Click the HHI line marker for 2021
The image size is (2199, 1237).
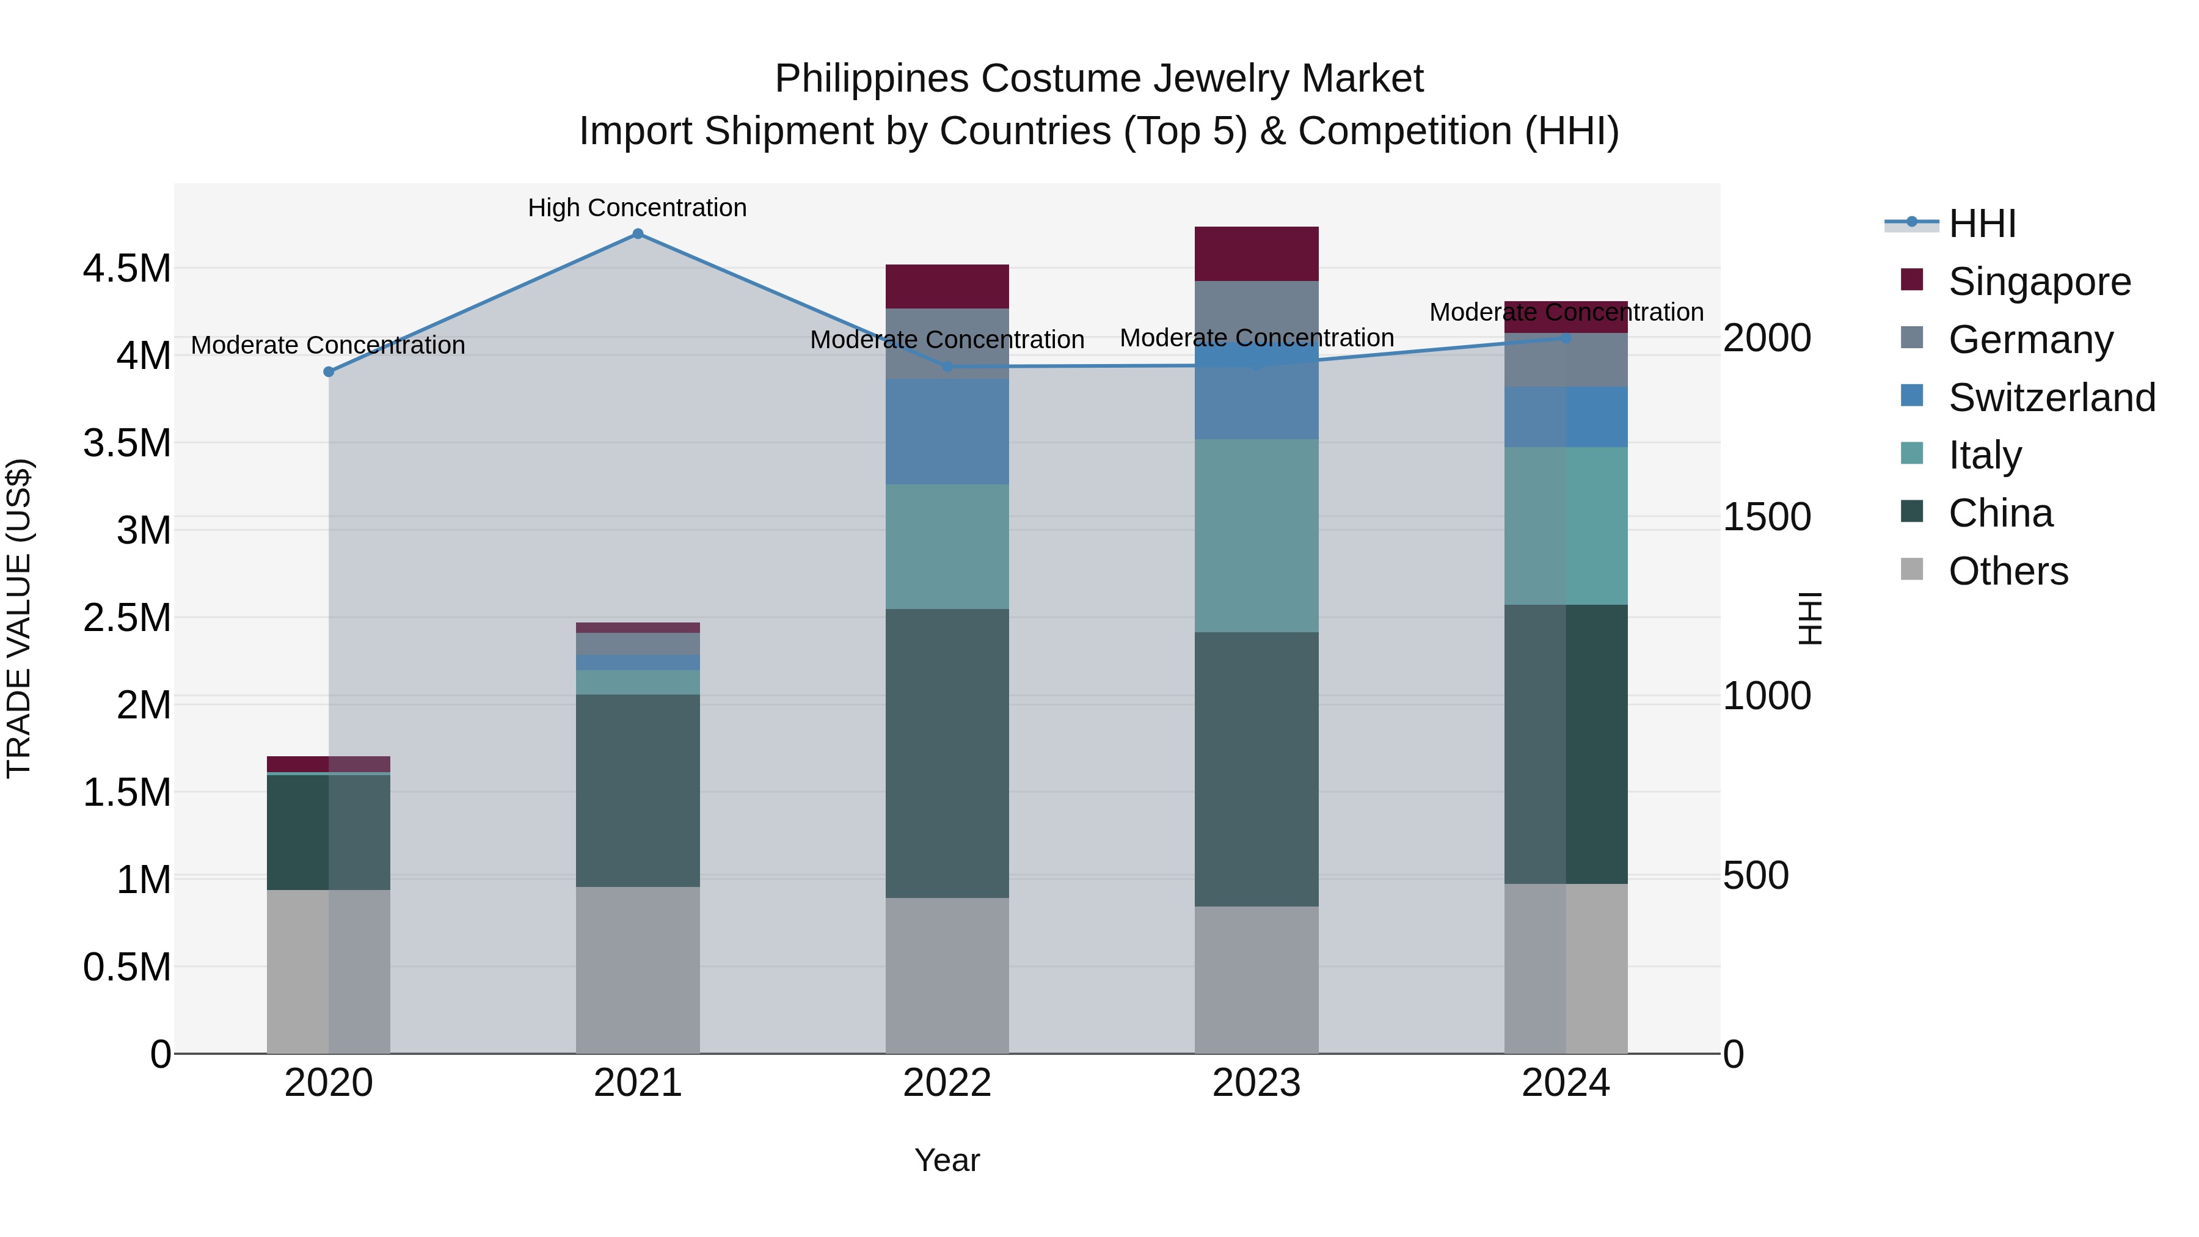pyautogui.click(x=638, y=234)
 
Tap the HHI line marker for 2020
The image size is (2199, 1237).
pyautogui.click(x=329, y=371)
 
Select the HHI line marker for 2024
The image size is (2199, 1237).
pyautogui.click(x=1566, y=338)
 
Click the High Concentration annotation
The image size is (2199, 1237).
pyautogui.click(x=637, y=208)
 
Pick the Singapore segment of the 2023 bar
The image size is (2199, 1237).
pyautogui.click(x=1256, y=254)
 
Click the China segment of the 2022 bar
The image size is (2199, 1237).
pyautogui.click(x=947, y=753)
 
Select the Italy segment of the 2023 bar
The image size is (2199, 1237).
pyautogui.click(x=1256, y=535)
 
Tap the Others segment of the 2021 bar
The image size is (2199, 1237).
pyautogui.click(x=638, y=970)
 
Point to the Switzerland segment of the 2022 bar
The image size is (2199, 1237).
pyautogui.click(x=947, y=431)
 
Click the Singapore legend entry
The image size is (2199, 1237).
pyautogui.click(x=2040, y=282)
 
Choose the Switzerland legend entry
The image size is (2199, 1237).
pyautogui.click(x=2051, y=398)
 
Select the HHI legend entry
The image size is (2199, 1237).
pyautogui.click(x=1982, y=224)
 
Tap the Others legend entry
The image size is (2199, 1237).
pyautogui.click(x=2008, y=571)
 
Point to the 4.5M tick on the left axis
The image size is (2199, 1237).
pyautogui.click(x=126, y=269)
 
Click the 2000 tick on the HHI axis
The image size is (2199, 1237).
pyautogui.click(x=1766, y=338)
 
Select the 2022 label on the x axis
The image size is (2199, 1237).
pyautogui.click(x=947, y=1083)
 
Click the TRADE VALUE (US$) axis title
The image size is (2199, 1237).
pyautogui.click(x=19, y=618)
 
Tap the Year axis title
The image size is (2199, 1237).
pyautogui.click(x=947, y=1160)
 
